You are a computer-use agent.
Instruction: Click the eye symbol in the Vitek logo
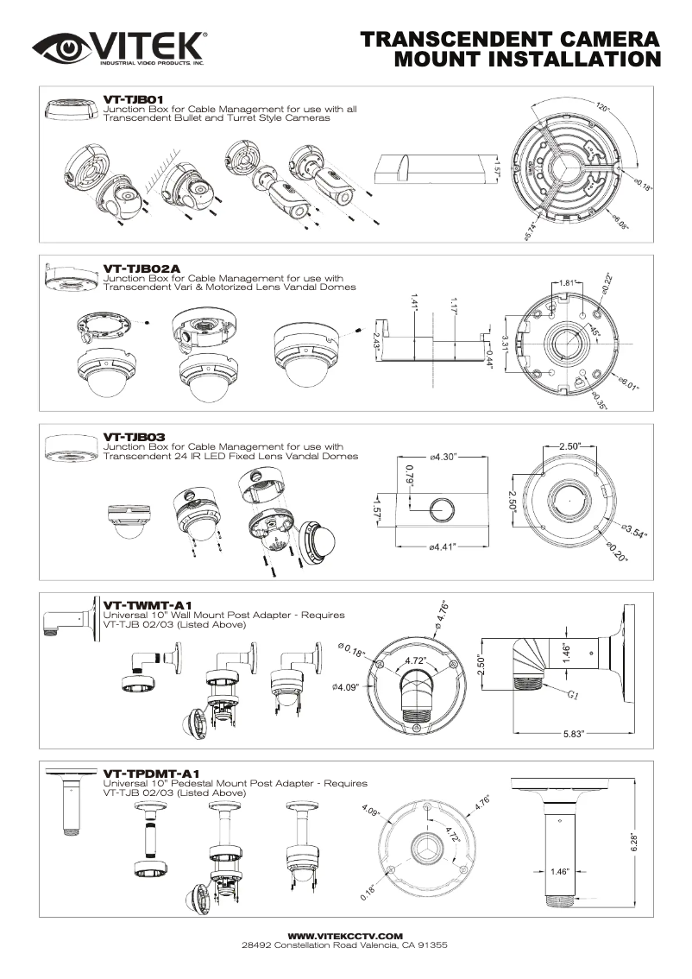tap(58, 48)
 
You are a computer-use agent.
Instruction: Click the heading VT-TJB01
tap(128, 100)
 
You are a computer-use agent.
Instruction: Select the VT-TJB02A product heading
tap(135, 268)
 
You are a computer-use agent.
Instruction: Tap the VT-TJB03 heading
tap(128, 437)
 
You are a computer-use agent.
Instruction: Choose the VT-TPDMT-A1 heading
tap(147, 773)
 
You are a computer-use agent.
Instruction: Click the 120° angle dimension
tap(601, 108)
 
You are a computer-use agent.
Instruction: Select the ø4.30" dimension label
tap(442, 455)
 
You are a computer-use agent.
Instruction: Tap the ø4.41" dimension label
tap(442, 546)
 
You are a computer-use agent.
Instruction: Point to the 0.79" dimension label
tap(409, 477)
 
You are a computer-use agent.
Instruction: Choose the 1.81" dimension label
tap(567, 283)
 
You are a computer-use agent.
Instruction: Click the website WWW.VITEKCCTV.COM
tap(345, 936)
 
